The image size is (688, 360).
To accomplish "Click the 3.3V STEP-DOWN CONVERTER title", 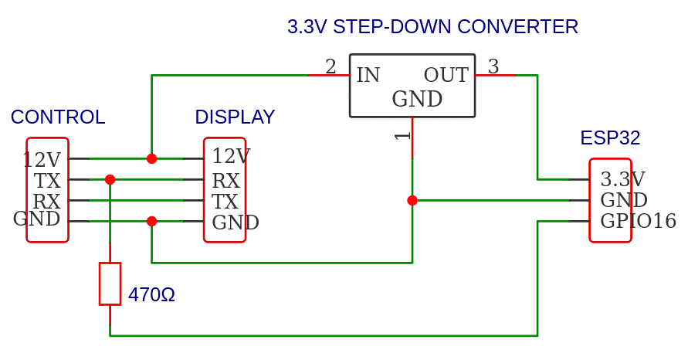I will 432,27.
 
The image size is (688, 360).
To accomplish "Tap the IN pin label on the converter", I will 368,76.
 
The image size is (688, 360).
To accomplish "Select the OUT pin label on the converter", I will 446,76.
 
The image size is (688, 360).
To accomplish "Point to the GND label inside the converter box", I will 417,100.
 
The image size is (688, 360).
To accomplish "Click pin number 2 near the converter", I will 330,67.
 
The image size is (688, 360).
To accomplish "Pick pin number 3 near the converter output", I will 493,67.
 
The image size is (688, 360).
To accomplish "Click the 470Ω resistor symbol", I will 110,284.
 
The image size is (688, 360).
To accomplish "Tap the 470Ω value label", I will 151,295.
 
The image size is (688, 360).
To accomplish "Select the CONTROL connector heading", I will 58,117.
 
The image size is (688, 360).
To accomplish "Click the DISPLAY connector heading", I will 235,117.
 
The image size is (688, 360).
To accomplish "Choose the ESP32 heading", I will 610,138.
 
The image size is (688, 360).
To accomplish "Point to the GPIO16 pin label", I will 638,222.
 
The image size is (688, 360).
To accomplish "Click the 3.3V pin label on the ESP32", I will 622,180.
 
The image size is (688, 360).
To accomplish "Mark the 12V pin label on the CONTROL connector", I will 42,160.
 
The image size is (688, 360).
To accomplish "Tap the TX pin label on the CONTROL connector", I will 47,181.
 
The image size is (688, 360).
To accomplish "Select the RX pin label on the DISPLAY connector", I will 225,182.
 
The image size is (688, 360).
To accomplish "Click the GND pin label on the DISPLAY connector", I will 236,223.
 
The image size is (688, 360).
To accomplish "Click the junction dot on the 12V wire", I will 151,158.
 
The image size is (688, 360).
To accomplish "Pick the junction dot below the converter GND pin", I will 412,200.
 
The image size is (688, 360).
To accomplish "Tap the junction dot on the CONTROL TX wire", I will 110,179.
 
